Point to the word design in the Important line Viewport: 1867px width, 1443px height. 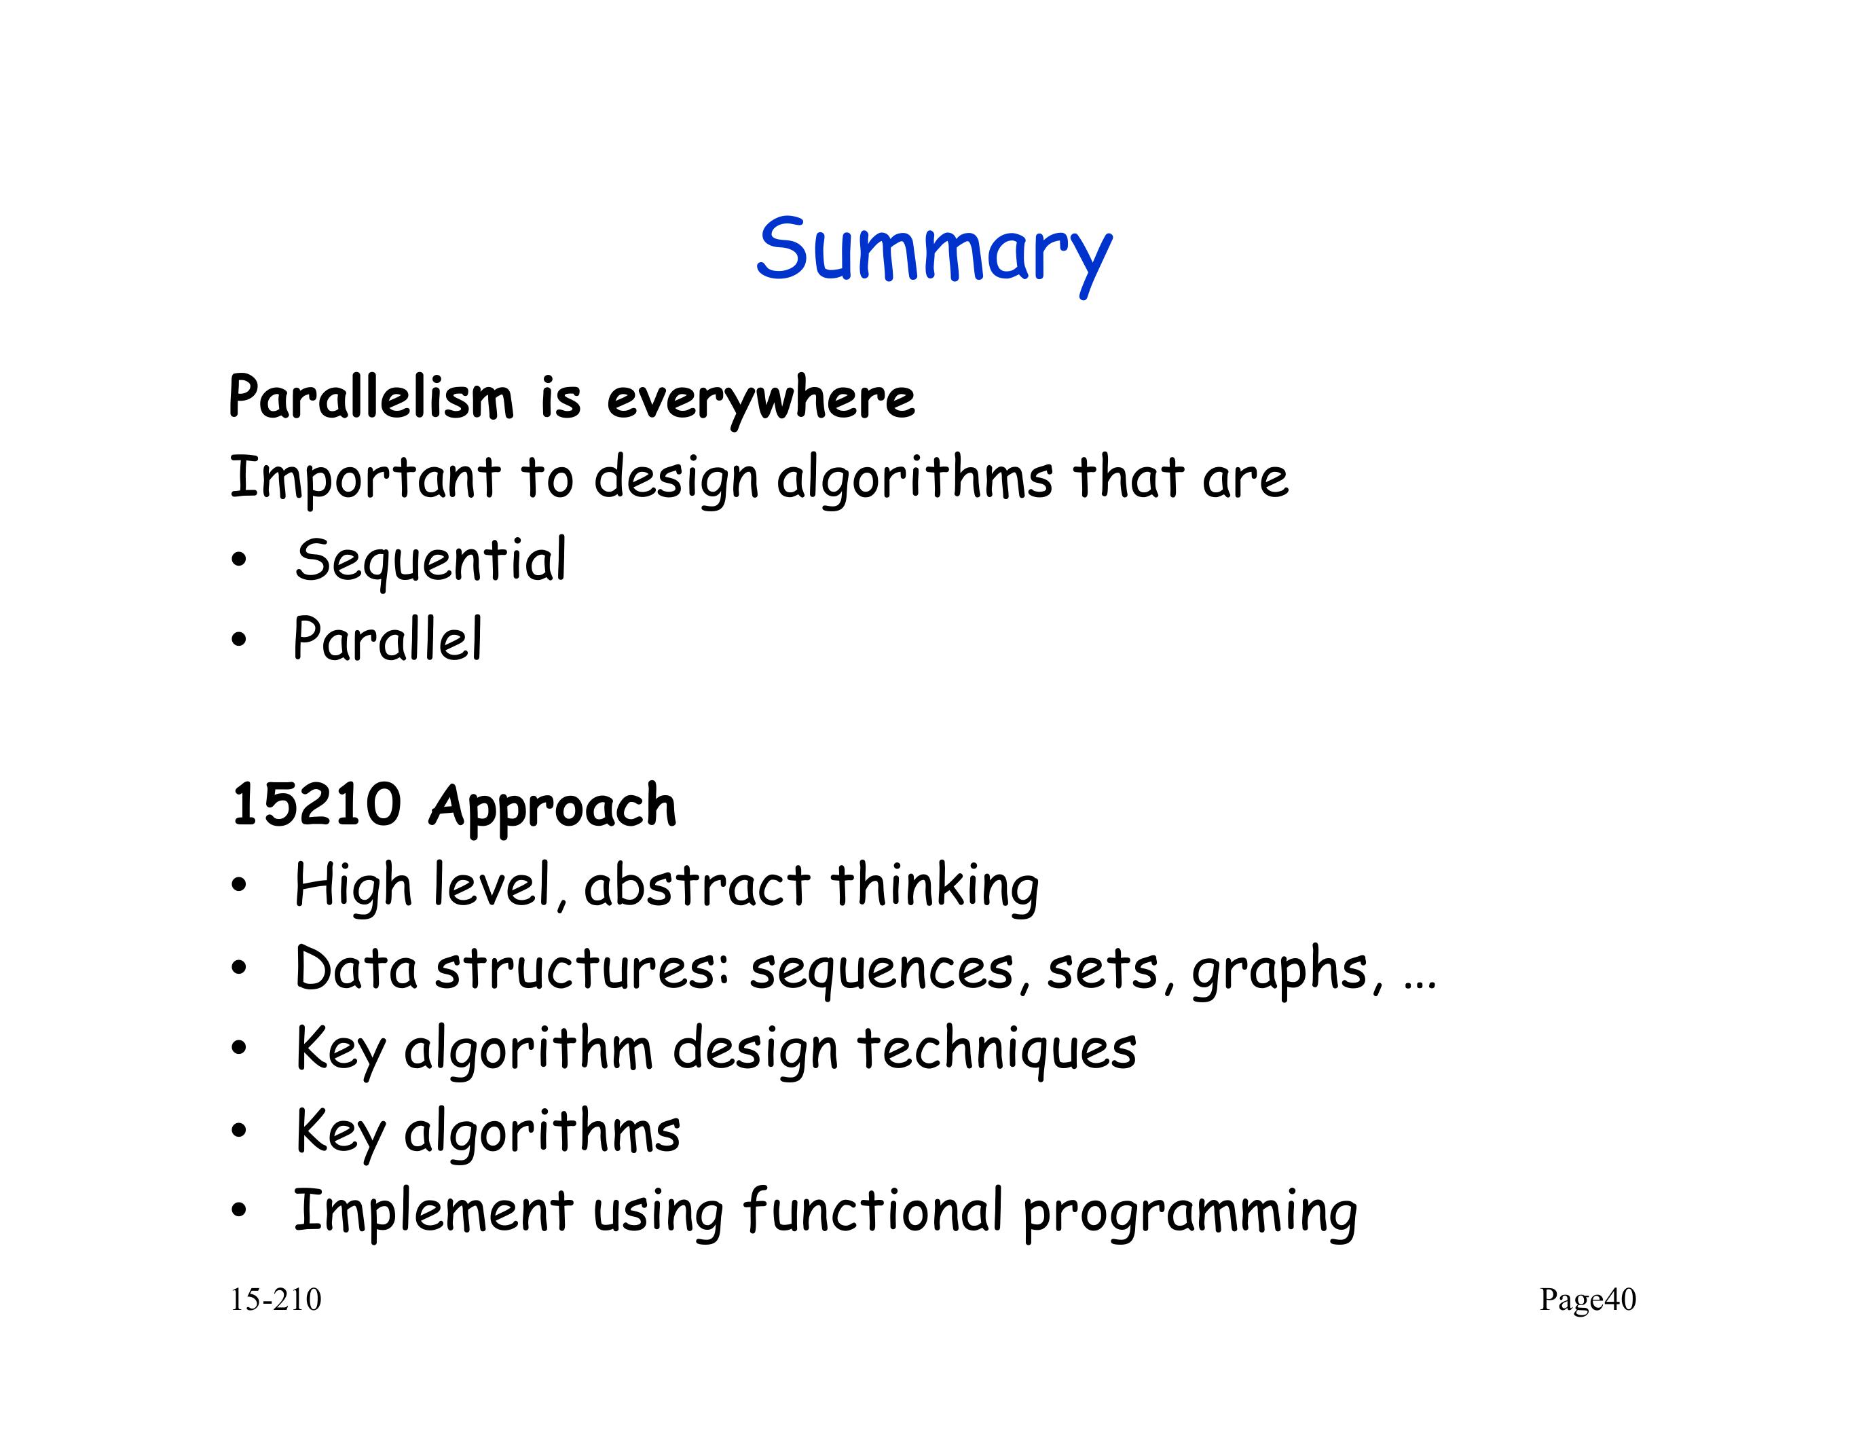676,479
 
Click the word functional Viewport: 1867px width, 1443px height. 873,1211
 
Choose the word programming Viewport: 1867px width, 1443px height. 1190,1215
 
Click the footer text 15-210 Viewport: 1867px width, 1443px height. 275,1300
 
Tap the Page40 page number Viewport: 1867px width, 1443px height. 1587,1300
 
